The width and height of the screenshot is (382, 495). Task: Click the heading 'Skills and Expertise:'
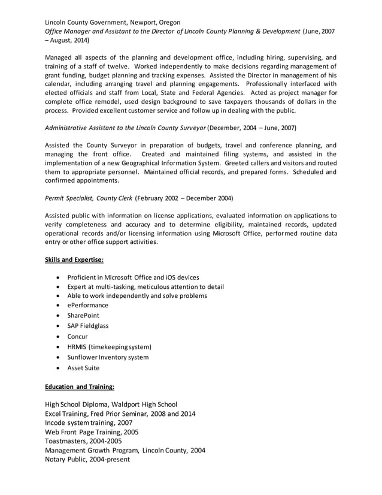(x=75, y=259)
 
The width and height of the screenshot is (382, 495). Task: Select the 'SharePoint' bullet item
(x=83, y=315)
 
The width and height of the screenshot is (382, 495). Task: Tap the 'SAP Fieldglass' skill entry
(x=88, y=326)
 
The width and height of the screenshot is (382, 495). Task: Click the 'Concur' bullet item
(x=77, y=337)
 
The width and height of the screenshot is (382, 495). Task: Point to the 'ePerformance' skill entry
(x=87, y=305)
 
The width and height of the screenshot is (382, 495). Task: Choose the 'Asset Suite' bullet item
(x=83, y=368)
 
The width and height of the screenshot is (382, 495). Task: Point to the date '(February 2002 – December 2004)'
(x=184, y=198)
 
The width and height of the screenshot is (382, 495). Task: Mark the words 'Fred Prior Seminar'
(x=122, y=413)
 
